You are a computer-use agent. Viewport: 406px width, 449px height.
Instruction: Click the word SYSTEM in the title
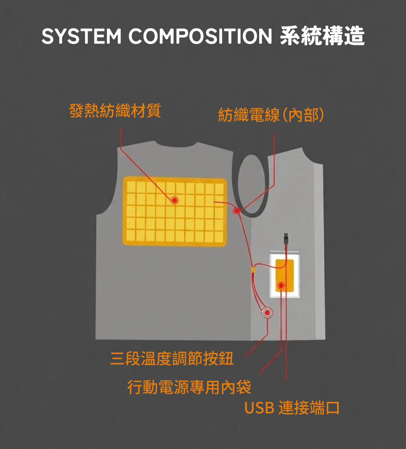[81, 36]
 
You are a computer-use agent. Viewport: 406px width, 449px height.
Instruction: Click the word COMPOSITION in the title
[200, 36]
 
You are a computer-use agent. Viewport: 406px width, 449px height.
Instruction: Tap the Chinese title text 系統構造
[322, 36]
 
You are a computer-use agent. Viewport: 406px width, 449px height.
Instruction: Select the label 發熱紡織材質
[115, 111]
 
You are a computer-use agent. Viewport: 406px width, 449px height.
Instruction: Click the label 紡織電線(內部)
[271, 115]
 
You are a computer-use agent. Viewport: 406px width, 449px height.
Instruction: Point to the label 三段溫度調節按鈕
[172, 358]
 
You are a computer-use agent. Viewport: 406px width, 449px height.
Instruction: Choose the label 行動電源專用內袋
[189, 387]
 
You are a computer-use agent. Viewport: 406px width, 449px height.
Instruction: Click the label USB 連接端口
[292, 408]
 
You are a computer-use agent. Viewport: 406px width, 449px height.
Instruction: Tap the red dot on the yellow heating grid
[175, 200]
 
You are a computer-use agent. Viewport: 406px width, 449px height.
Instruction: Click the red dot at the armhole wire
[236, 211]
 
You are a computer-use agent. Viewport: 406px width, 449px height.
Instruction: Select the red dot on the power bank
[281, 286]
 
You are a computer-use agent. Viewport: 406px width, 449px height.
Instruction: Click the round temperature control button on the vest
[267, 313]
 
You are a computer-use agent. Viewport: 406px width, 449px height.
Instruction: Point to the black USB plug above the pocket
[286, 238]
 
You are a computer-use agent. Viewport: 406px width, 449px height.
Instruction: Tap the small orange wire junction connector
[253, 269]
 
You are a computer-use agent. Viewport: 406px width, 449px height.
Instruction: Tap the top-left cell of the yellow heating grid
[131, 187]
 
